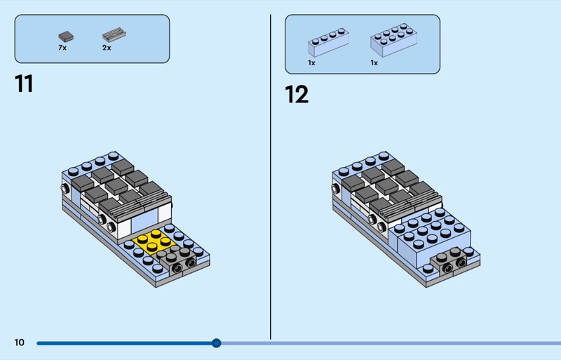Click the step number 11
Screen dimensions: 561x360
[24, 84]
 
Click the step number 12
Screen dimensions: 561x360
[297, 95]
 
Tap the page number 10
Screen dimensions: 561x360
[20, 342]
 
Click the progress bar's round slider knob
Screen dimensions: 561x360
[216, 343]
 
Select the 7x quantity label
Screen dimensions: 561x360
[62, 48]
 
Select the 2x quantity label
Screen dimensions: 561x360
[107, 48]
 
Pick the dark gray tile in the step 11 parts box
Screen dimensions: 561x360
[66, 36]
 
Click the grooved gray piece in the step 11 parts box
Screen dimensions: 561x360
[114, 35]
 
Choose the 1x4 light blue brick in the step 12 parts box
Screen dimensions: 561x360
[328, 42]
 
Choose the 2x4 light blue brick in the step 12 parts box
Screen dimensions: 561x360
[393, 40]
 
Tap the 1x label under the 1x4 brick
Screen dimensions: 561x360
[311, 62]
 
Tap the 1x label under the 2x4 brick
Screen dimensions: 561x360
[374, 62]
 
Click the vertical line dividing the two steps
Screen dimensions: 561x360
[271, 177]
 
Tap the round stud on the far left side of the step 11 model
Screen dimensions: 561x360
[65, 188]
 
